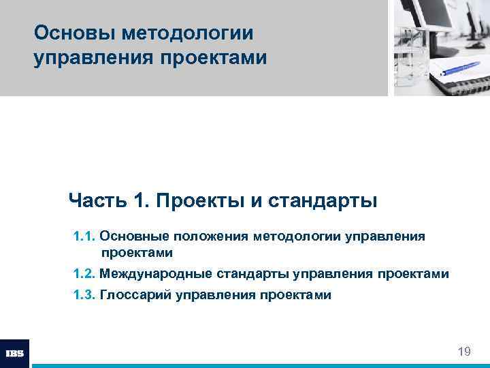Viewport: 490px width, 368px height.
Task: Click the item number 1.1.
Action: pyautogui.click(x=84, y=236)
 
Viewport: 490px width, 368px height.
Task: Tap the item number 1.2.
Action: pyautogui.click(x=84, y=274)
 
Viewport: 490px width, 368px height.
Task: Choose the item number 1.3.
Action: pyautogui.click(x=84, y=295)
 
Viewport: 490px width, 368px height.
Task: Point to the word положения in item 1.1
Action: pyautogui.click(x=211, y=236)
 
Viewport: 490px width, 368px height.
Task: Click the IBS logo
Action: pyautogui.click(x=14, y=354)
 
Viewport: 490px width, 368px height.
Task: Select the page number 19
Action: pyautogui.click(x=464, y=352)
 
